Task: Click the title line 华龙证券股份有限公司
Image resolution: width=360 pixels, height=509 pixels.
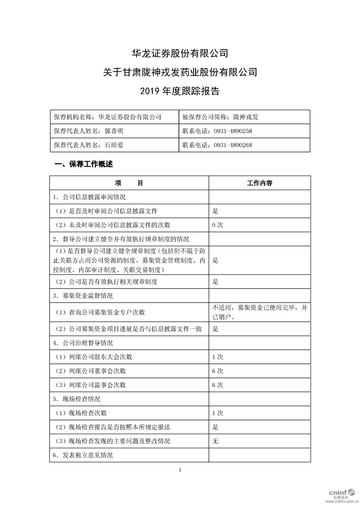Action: click(x=180, y=53)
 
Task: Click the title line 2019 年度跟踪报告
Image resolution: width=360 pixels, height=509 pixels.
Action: click(x=180, y=91)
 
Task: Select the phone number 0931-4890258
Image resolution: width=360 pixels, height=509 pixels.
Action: click(x=233, y=131)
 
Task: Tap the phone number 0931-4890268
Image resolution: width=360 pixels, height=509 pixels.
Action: click(x=233, y=145)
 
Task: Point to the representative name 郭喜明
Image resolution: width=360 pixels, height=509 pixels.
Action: click(x=113, y=131)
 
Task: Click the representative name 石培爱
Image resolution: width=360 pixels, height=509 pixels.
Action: click(x=113, y=145)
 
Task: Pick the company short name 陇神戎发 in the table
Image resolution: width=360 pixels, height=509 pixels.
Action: click(x=246, y=117)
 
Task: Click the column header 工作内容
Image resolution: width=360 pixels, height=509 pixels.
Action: click(x=259, y=183)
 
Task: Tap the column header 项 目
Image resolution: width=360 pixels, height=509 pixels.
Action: click(x=129, y=183)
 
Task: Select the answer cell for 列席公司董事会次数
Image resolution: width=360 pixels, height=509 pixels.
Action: click(x=218, y=371)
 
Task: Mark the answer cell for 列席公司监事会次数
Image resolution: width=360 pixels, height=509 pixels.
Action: click(x=218, y=385)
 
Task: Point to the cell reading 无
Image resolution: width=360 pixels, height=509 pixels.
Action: click(x=216, y=441)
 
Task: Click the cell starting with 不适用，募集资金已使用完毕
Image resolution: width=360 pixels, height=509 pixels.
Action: click(x=259, y=312)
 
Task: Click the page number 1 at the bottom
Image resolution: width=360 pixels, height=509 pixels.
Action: click(x=180, y=470)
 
